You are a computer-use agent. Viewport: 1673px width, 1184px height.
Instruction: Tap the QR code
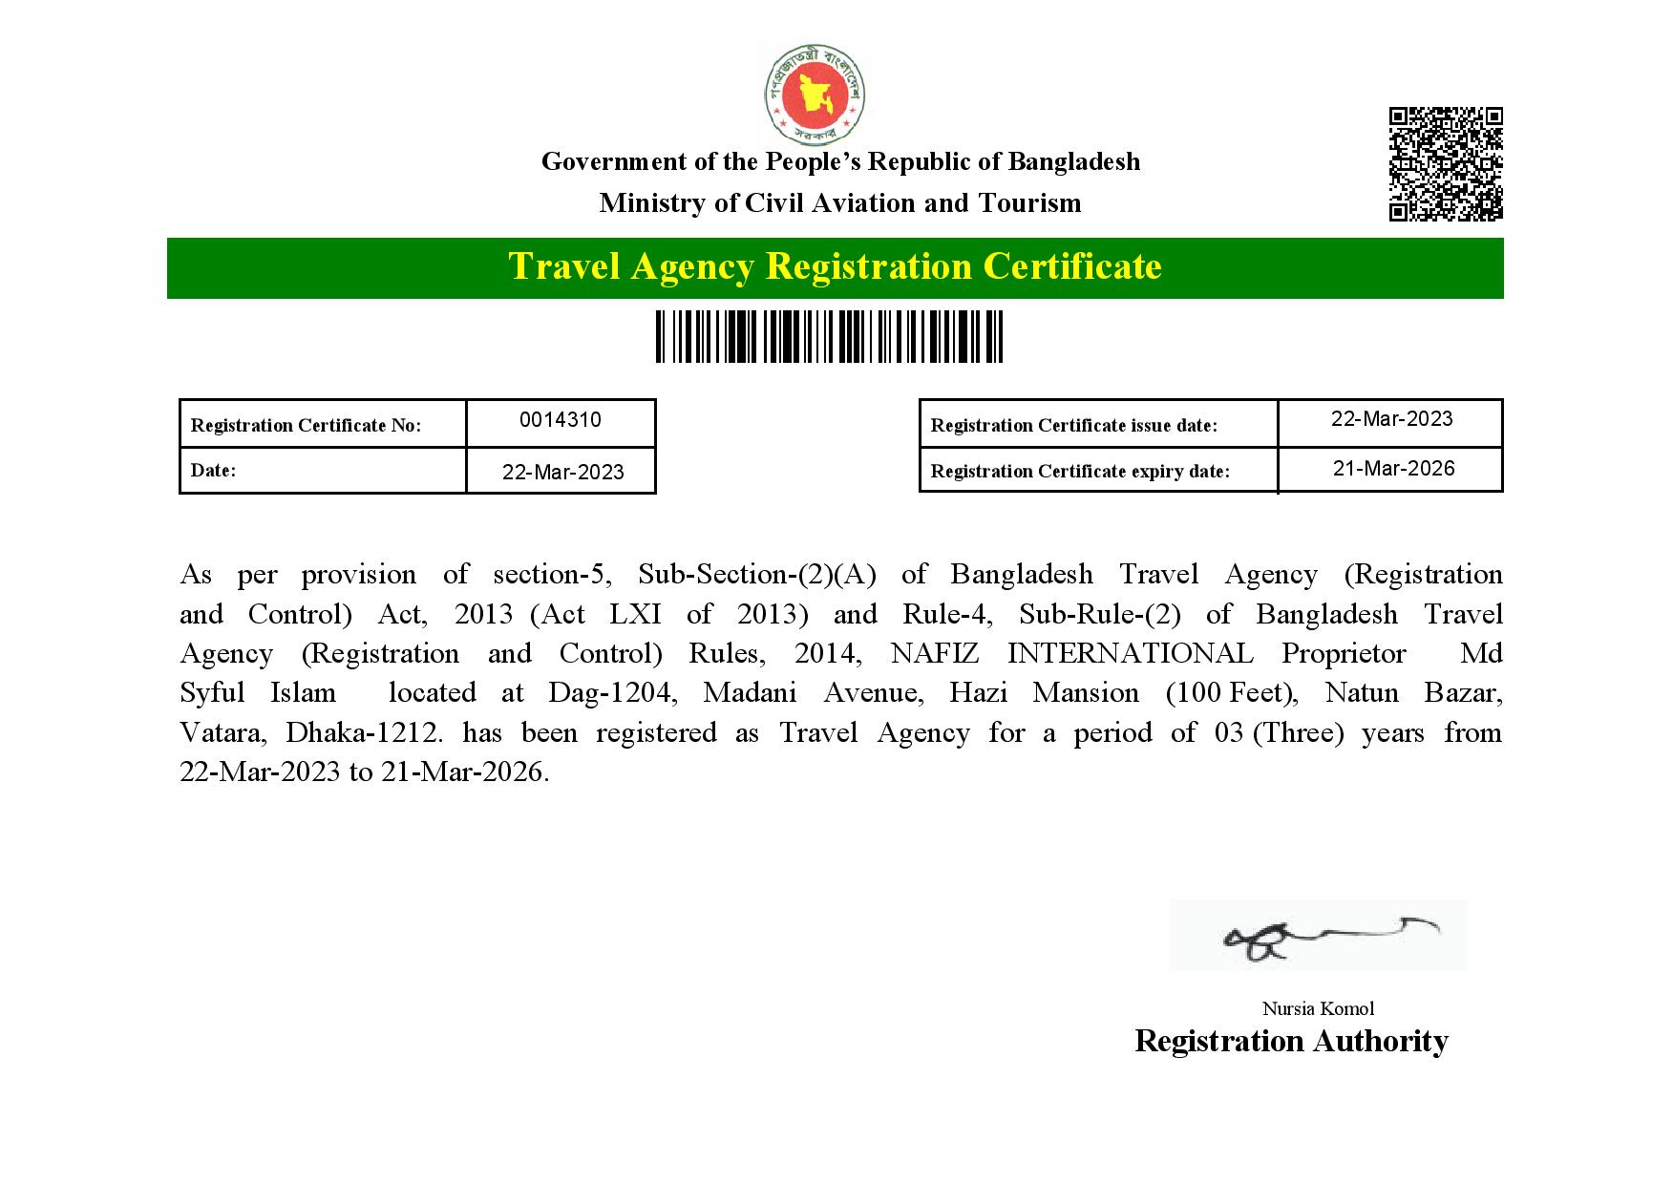click(x=1445, y=164)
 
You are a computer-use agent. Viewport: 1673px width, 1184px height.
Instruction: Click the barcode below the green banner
click(x=829, y=336)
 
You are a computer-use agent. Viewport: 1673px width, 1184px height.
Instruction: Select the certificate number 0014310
click(x=561, y=420)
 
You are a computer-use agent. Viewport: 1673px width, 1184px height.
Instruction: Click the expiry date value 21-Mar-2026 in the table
click(x=1393, y=468)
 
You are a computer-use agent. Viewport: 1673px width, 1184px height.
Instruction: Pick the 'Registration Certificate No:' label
click(x=306, y=426)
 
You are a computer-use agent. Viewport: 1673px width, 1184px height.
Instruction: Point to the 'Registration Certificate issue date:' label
click(x=1074, y=426)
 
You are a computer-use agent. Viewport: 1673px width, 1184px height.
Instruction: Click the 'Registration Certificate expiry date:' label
click(x=1080, y=472)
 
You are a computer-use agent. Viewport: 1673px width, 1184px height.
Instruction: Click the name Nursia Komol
click(x=1318, y=1008)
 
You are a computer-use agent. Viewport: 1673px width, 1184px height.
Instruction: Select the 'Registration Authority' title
click(x=1291, y=1041)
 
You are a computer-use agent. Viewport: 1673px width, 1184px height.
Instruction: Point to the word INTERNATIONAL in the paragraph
click(x=1130, y=654)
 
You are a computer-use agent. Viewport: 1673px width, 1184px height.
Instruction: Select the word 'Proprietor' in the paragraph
click(x=1344, y=654)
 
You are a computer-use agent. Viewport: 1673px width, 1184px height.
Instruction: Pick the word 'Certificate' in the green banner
click(x=1072, y=266)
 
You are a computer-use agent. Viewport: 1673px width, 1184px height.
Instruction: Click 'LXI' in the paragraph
click(x=635, y=614)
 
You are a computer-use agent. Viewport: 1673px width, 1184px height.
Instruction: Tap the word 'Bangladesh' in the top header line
click(x=1074, y=161)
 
